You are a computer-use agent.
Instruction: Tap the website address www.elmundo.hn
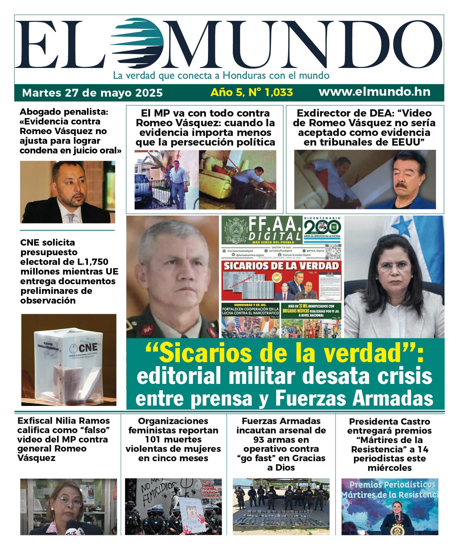pyautogui.click(x=374, y=92)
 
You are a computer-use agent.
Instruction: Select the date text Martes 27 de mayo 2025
pyautogui.click(x=92, y=92)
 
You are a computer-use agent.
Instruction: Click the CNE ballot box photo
pyautogui.click(x=69, y=359)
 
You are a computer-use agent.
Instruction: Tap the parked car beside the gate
pyautogui.click(x=145, y=190)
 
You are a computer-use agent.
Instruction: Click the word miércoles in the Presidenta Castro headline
pyautogui.click(x=390, y=468)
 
